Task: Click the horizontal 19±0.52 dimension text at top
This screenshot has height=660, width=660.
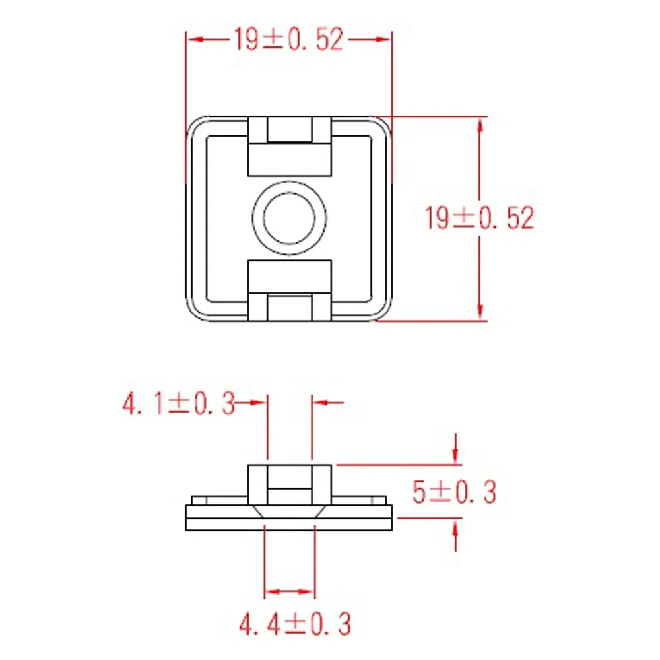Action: (x=288, y=40)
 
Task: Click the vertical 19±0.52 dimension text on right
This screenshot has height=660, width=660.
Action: (x=479, y=218)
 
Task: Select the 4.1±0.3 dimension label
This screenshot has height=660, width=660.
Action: (x=178, y=404)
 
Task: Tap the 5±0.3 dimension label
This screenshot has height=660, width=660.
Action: (x=454, y=492)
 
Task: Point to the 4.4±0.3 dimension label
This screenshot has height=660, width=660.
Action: (x=294, y=624)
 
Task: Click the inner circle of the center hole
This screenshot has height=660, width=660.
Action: (x=290, y=218)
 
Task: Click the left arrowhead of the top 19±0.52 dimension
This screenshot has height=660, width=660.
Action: (x=197, y=40)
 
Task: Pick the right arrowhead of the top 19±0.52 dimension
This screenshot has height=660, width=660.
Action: (x=382, y=40)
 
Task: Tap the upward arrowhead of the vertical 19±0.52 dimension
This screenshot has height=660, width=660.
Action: (x=480, y=126)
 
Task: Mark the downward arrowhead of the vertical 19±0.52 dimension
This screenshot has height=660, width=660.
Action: (x=480, y=311)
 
